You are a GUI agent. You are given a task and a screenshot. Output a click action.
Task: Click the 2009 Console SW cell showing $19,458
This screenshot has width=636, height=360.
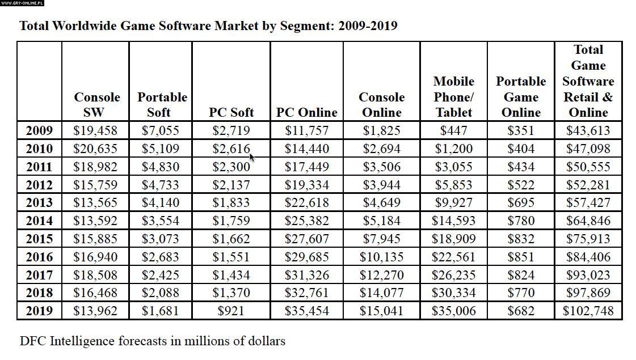(x=95, y=130)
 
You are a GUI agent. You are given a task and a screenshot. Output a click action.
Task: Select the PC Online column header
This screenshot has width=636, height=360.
(x=306, y=112)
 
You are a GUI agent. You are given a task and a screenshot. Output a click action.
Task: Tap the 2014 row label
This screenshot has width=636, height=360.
(x=39, y=221)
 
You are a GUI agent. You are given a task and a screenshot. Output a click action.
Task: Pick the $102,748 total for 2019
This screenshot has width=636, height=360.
(x=588, y=311)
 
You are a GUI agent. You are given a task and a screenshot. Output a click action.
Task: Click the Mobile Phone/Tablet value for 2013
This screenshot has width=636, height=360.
(x=453, y=202)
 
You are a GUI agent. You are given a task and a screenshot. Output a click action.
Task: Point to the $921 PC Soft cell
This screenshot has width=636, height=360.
(x=231, y=311)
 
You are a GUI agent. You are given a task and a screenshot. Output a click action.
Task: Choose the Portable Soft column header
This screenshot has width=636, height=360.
(x=162, y=104)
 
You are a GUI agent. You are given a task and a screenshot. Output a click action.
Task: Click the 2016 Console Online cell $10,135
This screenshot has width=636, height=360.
(x=381, y=257)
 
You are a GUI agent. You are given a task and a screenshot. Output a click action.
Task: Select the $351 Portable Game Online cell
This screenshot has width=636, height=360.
(x=521, y=130)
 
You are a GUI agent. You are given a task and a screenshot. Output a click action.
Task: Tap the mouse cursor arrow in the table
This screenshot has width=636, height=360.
(x=251, y=156)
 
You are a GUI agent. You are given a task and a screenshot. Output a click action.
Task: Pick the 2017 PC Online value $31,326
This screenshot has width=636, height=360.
(x=306, y=275)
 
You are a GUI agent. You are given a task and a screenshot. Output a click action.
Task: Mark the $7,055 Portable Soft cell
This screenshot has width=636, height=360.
(x=161, y=130)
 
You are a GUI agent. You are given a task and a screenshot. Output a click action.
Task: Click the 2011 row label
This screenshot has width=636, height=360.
(x=39, y=167)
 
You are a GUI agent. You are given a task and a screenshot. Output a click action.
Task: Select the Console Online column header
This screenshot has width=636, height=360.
(x=381, y=104)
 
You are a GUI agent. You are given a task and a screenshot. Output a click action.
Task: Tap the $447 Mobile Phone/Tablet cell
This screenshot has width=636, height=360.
(x=453, y=130)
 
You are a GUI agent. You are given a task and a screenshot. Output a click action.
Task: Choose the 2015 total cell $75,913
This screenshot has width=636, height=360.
(x=588, y=239)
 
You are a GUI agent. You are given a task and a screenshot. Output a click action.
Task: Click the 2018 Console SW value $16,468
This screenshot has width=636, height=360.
(x=95, y=293)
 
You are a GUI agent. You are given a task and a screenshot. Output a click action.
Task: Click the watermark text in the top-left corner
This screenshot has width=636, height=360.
(x=22, y=3)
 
